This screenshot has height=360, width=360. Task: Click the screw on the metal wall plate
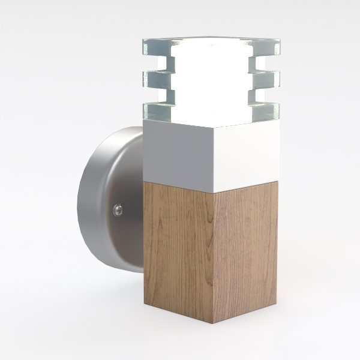pos(118,209)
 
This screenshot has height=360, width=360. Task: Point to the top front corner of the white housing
pos(214,128)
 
